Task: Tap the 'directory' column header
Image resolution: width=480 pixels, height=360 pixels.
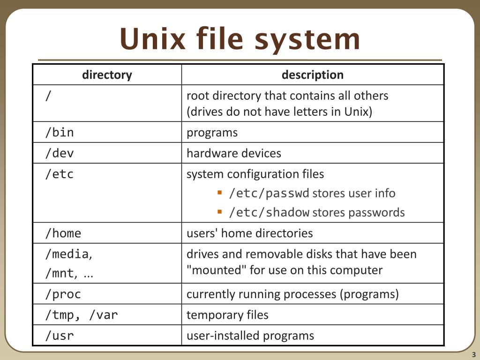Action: tap(107, 75)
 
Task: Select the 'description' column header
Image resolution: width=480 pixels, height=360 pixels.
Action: tap(312, 75)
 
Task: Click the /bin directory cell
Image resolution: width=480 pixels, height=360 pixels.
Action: tap(60, 133)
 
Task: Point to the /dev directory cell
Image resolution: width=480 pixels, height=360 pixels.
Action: tap(60, 153)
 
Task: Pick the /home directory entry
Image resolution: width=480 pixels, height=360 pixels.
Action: tap(63, 233)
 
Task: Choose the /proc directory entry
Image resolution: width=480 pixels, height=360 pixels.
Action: tap(63, 294)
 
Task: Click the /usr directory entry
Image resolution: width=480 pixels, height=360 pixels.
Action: tap(60, 336)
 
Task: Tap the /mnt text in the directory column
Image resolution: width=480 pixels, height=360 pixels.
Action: tap(60, 274)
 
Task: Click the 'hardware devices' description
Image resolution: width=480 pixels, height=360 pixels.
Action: tap(233, 153)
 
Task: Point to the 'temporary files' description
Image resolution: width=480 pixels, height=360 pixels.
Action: tap(227, 315)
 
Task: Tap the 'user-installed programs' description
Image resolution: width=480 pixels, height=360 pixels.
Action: tap(250, 336)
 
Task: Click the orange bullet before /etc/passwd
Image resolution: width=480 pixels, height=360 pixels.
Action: tap(219, 192)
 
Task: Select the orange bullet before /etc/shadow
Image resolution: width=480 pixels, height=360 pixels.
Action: tap(219, 211)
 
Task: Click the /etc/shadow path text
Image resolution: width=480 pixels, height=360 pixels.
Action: tap(269, 212)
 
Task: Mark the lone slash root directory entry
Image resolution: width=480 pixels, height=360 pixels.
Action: tap(48, 96)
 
